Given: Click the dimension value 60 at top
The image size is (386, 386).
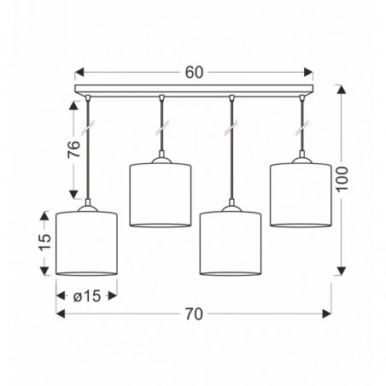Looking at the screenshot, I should (194, 73).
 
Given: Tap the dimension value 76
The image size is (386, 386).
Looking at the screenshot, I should (73, 149).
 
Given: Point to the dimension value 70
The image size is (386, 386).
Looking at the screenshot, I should (194, 314).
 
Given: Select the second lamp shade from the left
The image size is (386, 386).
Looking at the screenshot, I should (160, 196).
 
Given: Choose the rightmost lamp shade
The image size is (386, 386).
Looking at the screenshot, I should (300, 196).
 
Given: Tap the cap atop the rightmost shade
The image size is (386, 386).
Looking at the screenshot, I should (300, 159).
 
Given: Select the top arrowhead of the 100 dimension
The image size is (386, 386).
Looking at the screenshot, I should (342, 89).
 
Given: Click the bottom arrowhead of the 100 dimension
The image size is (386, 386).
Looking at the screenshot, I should (342, 272).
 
